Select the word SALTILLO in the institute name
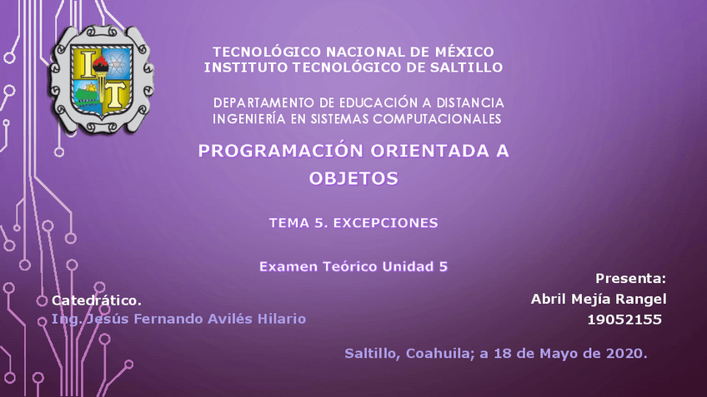(465, 67)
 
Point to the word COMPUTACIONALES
(433, 119)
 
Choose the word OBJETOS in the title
(353, 177)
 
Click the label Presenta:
(631, 278)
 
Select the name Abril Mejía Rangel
(599, 299)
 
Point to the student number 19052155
(624, 320)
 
